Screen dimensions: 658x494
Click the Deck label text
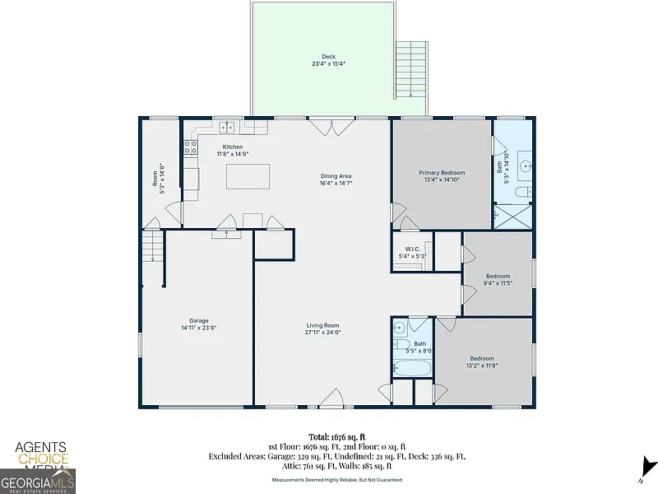click(x=328, y=57)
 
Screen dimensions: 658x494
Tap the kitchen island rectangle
click(x=248, y=176)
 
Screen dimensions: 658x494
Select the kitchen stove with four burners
click(x=191, y=147)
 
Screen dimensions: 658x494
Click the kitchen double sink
click(x=228, y=126)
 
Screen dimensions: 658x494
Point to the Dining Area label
click(x=336, y=176)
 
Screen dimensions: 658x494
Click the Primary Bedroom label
click(x=442, y=173)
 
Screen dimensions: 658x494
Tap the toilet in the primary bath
click(x=523, y=193)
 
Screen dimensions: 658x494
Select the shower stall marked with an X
click(x=512, y=217)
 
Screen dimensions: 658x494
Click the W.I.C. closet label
click(x=413, y=249)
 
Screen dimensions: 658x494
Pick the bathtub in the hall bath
click(x=412, y=368)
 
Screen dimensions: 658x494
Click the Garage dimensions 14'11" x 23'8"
click(x=199, y=328)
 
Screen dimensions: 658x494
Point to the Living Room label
click(x=322, y=325)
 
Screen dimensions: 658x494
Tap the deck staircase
click(x=411, y=70)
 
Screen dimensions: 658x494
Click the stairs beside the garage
click(x=152, y=246)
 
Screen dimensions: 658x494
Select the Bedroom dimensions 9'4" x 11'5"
click(x=498, y=283)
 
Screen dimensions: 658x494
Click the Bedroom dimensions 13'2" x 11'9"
click(x=482, y=366)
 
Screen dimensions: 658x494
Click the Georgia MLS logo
click(x=38, y=482)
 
